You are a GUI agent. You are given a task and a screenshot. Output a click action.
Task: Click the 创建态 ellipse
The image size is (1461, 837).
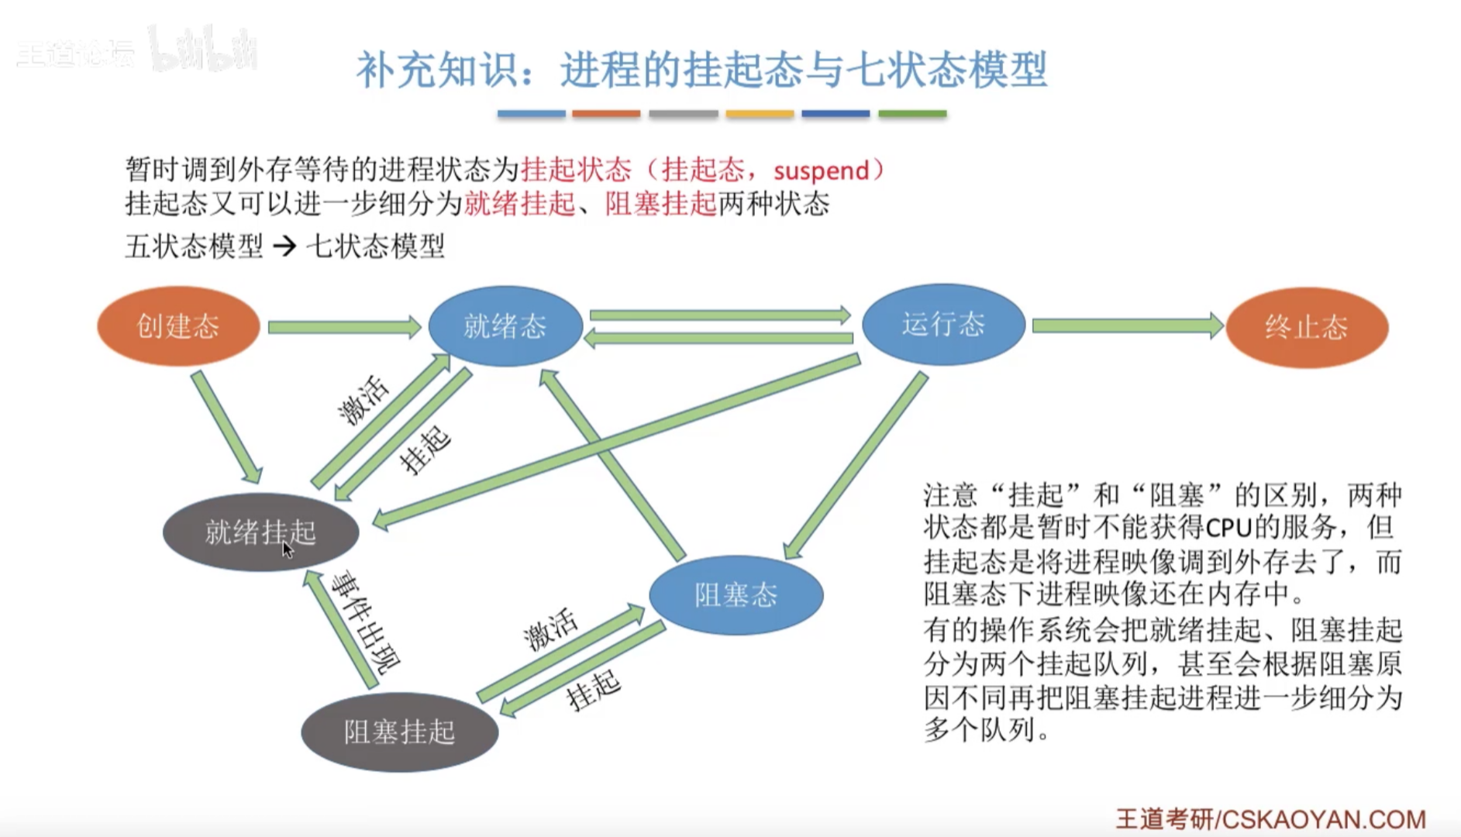178,326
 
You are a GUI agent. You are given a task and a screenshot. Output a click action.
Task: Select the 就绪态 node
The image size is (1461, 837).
505,326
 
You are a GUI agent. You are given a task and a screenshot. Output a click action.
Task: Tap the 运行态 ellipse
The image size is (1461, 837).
943,325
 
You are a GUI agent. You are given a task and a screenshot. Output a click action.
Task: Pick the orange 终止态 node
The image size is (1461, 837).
1307,327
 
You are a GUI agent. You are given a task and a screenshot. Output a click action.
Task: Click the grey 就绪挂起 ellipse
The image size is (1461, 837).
260,532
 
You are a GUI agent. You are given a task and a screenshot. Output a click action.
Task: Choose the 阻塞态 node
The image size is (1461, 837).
736,595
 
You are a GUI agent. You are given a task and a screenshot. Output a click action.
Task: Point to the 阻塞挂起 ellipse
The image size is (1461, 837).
399,732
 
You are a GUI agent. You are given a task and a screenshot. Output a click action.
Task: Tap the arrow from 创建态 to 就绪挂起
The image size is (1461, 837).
226,427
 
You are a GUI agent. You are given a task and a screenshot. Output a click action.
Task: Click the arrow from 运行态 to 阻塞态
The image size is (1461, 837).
856,465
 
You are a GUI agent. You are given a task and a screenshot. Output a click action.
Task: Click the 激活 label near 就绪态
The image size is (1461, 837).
363,399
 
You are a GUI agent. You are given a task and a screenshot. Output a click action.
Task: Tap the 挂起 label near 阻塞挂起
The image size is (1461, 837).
594,689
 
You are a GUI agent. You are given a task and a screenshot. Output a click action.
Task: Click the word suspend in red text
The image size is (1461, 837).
821,170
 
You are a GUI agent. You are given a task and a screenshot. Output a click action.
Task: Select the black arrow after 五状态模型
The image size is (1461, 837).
284,246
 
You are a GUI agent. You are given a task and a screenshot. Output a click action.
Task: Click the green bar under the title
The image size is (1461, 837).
912,114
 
